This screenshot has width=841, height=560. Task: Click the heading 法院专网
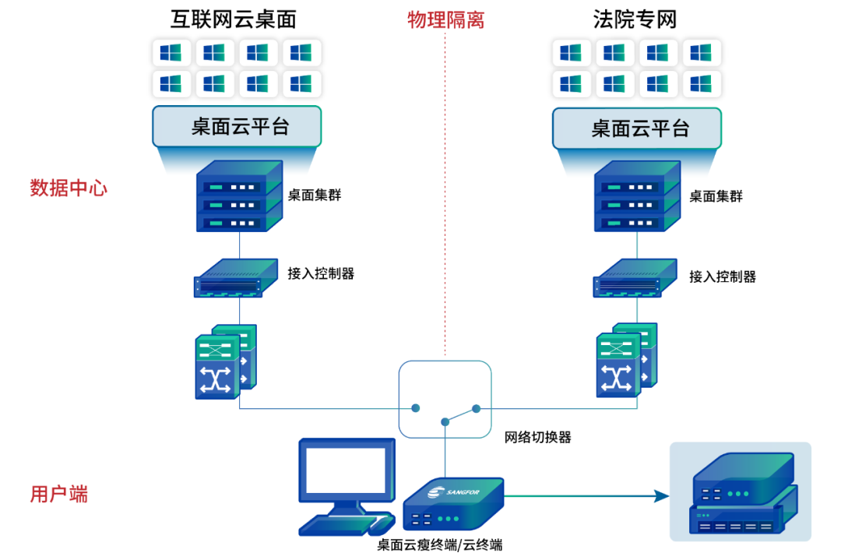point(635,19)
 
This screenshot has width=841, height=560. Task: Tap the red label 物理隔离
point(446,19)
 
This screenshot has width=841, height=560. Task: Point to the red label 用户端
point(59,494)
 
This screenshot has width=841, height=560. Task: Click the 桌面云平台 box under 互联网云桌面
point(237,127)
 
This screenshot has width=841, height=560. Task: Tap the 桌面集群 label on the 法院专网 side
point(716,196)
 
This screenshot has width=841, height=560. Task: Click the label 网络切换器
point(538,438)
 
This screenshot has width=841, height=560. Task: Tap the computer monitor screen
point(343,474)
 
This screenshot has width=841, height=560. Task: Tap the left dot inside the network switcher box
point(416,408)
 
